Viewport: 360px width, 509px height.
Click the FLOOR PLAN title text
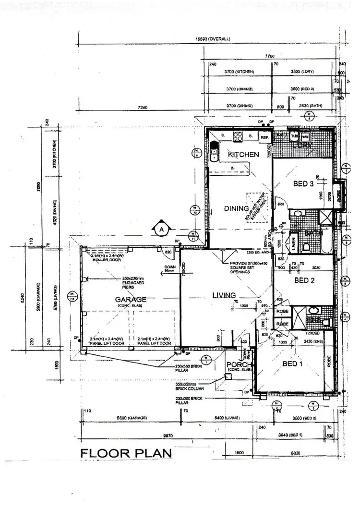126,453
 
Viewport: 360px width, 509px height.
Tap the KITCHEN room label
243,155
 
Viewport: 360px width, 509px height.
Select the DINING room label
236,208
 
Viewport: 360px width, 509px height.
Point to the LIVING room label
225,295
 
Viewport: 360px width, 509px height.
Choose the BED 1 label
291,364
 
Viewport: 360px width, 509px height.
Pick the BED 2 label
304,280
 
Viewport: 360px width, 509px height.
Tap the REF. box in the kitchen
264,137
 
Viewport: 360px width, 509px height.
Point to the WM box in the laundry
306,136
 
